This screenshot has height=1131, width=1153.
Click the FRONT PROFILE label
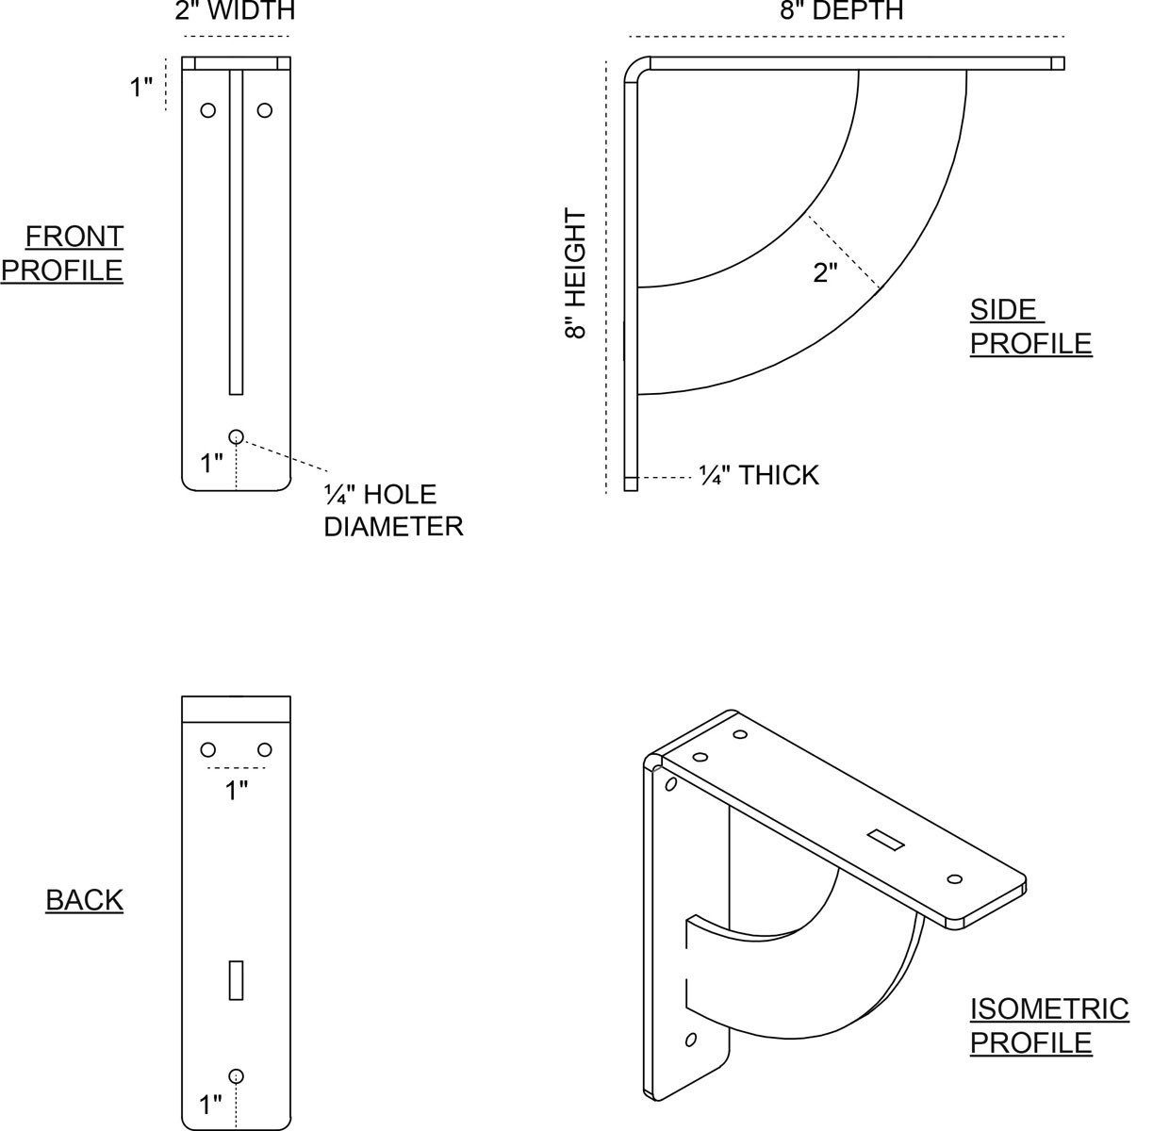tap(62, 253)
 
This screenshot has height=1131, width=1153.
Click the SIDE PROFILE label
tap(1030, 326)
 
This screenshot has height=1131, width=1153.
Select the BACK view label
tap(85, 900)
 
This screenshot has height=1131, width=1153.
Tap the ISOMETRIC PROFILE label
tap(1049, 1025)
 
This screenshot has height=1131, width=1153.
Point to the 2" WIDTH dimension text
tap(235, 11)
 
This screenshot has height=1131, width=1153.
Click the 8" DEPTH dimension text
tap(843, 11)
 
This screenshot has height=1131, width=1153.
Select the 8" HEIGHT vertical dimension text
tap(576, 274)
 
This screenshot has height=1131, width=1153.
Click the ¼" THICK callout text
tap(759, 475)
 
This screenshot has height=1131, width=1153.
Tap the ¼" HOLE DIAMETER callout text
tap(393, 510)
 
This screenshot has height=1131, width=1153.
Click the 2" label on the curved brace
tap(825, 273)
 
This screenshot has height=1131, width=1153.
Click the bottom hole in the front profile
tap(236, 435)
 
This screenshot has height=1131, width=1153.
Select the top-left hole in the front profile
tap(207, 110)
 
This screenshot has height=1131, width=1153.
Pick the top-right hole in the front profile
tap(264, 110)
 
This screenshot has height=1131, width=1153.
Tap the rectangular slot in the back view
tap(236, 980)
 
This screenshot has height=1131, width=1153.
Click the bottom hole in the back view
tap(236, 1076)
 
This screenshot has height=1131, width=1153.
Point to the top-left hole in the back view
tap(207, 750)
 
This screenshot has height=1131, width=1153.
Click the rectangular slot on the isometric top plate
tap(881, 835)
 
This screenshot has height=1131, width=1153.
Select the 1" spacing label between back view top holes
tap(236, 790)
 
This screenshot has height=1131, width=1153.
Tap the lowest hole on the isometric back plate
tap(690, 1040)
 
